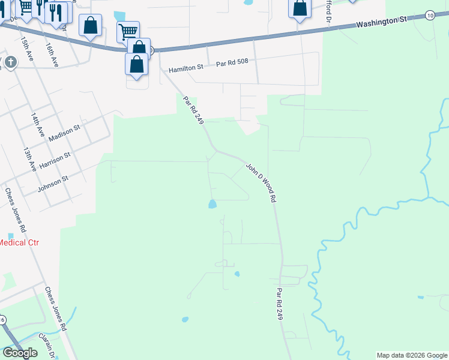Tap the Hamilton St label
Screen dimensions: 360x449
186,69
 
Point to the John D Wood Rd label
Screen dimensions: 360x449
261,182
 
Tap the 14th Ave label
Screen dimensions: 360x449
40,122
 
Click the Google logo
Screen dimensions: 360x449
20,353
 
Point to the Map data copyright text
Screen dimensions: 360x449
412,355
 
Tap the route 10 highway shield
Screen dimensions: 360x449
430,15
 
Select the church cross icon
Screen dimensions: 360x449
10,62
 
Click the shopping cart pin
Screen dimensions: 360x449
128,32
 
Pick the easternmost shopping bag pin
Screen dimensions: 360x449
300,8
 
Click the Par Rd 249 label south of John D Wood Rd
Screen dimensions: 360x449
279,304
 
